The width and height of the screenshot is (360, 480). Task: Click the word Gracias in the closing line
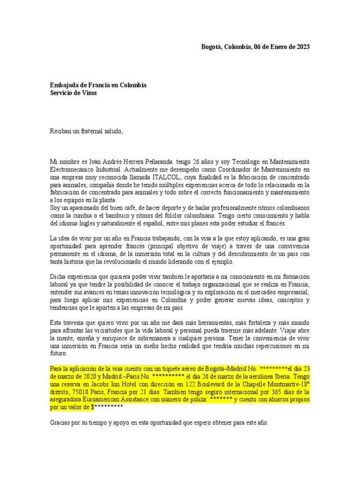(61, 422)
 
